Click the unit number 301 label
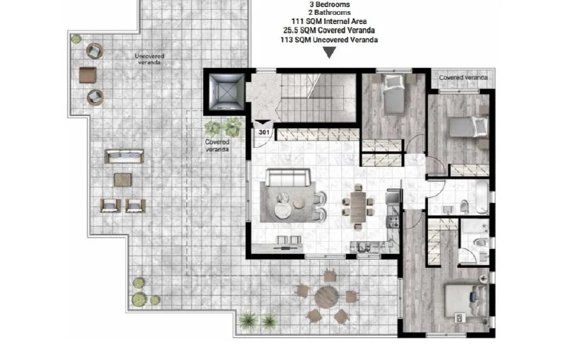[x=264, y=132]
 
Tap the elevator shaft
[x=226, y=92]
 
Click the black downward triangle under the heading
[x=329, y=52]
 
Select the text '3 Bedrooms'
[x=330, y=5]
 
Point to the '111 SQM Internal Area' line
[x=329, y=22]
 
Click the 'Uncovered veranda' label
[x=149, y=59]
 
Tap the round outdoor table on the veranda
[x=326, y=298]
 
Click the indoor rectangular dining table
[x=358, y=207]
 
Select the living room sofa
[x=288, y=177]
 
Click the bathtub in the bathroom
[x=482, y=197]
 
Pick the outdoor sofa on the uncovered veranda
[x=125, y=156]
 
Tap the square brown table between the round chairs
[x=88, y=75]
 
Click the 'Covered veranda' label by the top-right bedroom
[x=463, y=78]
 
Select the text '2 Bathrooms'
[x=330, y=13]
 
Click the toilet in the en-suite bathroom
[x=480, y=243]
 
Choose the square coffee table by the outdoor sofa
[x=122, y=180]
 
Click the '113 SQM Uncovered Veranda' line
[x=329, y=40]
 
